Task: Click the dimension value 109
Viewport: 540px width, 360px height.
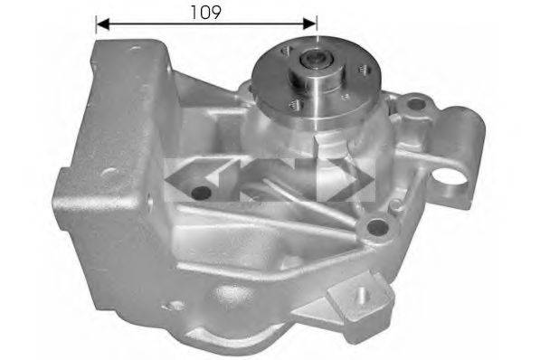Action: (x=205, y=13)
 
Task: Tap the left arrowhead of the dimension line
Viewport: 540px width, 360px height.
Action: (x=102, y=24)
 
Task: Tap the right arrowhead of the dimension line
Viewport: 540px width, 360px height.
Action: (x=309, y=24)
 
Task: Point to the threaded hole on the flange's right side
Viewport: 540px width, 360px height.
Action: (x=363, y=70)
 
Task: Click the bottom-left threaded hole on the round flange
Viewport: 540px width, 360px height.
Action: (x=296, y=104)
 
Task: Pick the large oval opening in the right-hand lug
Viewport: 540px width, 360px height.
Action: (x=450, y=178)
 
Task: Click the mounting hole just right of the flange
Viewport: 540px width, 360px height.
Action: (x=416, y=103)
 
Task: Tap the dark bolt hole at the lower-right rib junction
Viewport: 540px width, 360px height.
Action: (x=378, y=227)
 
